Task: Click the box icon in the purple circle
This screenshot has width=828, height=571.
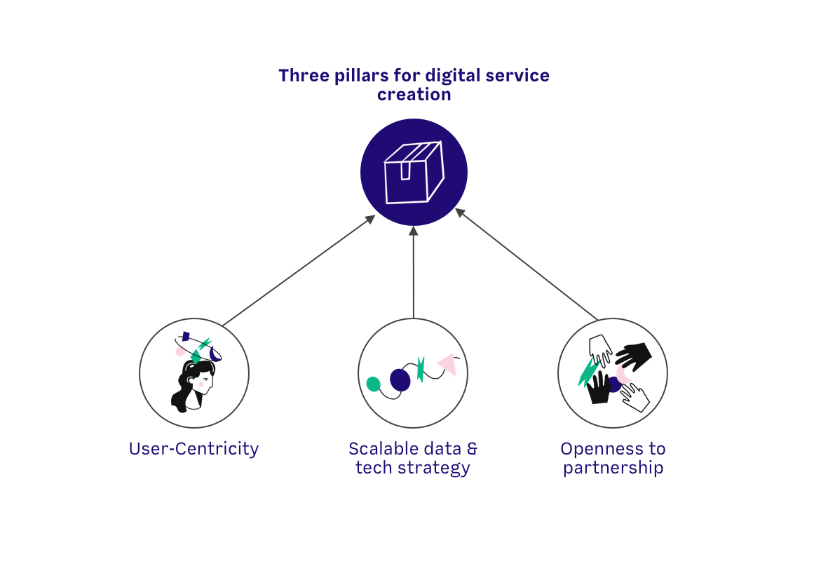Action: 414,173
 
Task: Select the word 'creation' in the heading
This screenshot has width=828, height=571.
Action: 414,94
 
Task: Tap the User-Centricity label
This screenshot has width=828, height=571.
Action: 194,449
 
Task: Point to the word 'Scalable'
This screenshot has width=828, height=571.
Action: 383,449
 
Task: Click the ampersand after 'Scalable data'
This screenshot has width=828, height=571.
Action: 472,449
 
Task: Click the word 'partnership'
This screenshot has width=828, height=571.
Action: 613,468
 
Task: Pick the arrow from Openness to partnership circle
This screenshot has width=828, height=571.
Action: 527,264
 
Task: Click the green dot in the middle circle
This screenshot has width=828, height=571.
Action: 374,384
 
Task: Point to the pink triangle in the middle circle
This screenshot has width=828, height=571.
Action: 447,363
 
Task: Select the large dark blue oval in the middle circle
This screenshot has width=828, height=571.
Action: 400,379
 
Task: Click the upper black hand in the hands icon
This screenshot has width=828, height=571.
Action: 634,356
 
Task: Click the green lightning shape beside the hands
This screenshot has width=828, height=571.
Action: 587,372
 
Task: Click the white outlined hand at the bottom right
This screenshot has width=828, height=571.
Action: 637,398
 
